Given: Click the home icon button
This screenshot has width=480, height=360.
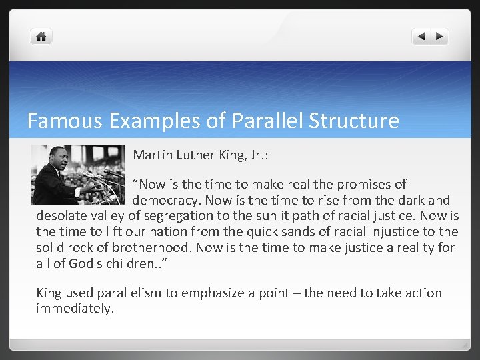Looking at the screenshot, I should tap(41, 37).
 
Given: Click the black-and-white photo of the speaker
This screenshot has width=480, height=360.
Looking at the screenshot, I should tap(78, 175).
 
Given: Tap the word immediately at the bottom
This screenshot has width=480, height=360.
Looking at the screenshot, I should tap(75, 309).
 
